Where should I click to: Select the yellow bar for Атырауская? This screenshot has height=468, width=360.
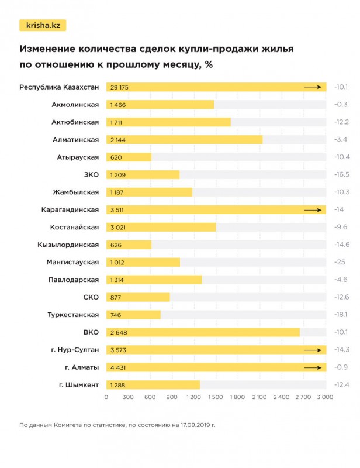point(129,157)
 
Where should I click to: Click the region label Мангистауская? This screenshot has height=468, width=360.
point(72,262)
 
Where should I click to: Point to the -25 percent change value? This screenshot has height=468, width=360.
point(339,262)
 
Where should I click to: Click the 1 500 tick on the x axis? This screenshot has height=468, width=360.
point(216,397)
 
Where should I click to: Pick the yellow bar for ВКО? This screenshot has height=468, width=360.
point(203,332)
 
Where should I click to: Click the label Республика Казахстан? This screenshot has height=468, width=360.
point(59,87)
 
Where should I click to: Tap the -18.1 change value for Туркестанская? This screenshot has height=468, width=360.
point(341,315)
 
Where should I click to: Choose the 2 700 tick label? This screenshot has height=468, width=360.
point(303,397)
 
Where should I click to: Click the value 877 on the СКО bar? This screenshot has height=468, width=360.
point(115,297)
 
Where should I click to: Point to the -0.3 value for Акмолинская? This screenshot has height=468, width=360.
point(341,105)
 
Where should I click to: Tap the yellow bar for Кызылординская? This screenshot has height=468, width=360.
point(129,245)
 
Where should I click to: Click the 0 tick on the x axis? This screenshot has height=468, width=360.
point(106,397)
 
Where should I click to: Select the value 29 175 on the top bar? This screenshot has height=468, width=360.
point(119,87)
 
